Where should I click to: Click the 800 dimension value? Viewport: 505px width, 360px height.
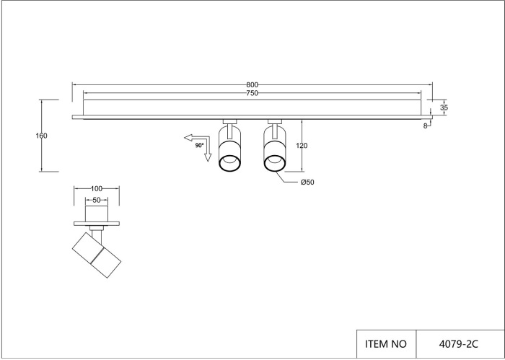point(252,85)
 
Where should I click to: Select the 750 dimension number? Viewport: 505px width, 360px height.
point(252,93)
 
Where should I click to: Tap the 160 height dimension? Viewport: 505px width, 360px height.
point(41,136)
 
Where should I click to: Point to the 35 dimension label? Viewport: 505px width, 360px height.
point(444,108)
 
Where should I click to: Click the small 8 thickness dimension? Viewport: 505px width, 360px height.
point(425,126)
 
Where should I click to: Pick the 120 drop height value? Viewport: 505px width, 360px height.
point(302,146)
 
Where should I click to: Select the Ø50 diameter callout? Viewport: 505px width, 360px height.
point(307,183)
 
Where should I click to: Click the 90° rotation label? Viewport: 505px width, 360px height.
point(199,146)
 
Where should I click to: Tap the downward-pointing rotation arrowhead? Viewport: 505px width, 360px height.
point(208,157)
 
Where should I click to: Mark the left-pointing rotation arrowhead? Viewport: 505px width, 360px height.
point(188,138)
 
